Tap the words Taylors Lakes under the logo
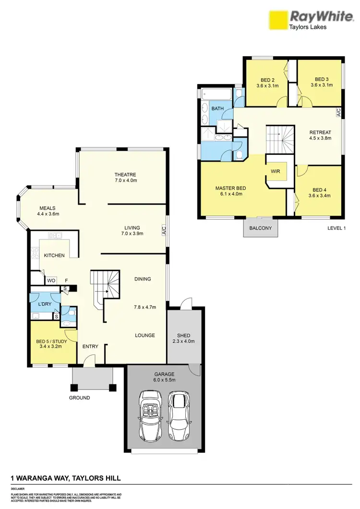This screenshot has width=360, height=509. pyautogui.click(x=307, y=27)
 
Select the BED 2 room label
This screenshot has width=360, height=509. pyautogui.click(x=267, y=80)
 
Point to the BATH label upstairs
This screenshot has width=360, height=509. pyautogui.click(x=218, y=109)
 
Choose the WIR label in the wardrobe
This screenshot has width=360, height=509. pyautogui.click(x=275, y=170)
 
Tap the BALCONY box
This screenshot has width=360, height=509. pyautogui.click(x=261, y=228)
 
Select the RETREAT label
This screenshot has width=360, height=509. pyautogui.click(x=320, y=132)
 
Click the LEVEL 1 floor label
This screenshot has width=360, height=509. pyautogui.click(x=336, y=228)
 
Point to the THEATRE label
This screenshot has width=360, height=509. pyautogui.click(x=125, y=175)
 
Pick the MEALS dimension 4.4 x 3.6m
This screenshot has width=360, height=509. pyautogui.click(x=48, y=214)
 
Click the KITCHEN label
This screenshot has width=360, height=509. pyautogui.click(x=54, y=255)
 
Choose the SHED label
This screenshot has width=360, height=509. pyautogui.click(x=183, y=335)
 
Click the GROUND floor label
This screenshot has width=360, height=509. pyautogui.click(x=79, y=398)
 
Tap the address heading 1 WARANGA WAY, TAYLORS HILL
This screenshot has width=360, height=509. pyautogui.click(x=66, y=478)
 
